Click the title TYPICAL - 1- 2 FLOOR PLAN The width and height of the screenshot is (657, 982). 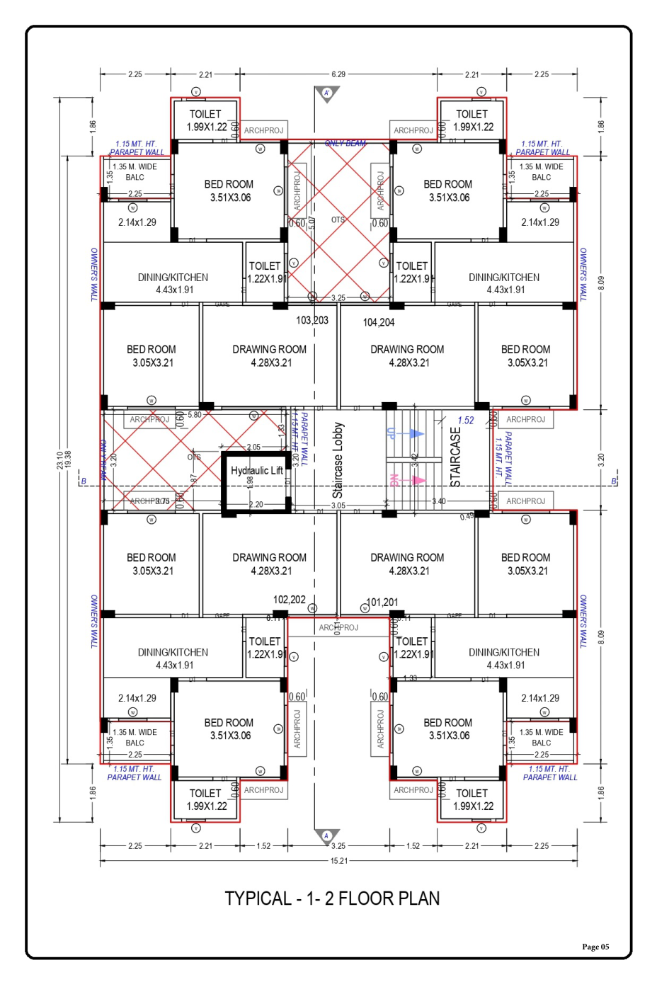click(332, 898)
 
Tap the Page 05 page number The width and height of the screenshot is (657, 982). click(595, 947)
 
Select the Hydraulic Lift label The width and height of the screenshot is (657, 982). click(256, 470)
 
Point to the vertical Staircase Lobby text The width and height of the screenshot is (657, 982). click(338, 459)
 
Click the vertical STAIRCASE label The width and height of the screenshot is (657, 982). click(455, 457)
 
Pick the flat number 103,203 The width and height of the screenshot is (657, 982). click(312, 320)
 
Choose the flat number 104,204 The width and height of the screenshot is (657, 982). click(379, 322)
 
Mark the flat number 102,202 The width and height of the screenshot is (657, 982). click(289, 600)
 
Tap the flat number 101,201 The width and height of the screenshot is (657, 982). click(382, 603)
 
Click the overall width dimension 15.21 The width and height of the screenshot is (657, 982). click(338, 861)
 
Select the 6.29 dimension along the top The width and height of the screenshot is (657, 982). click(338, 74)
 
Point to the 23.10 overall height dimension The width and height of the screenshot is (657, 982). click(60, 460)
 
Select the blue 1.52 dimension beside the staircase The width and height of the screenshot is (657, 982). click(465, 421)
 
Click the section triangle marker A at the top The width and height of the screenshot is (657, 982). click(327, 93)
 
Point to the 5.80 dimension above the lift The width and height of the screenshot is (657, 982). click(194, 415)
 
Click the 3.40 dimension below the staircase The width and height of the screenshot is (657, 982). click(439, 501)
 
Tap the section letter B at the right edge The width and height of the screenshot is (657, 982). click(614, 481)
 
